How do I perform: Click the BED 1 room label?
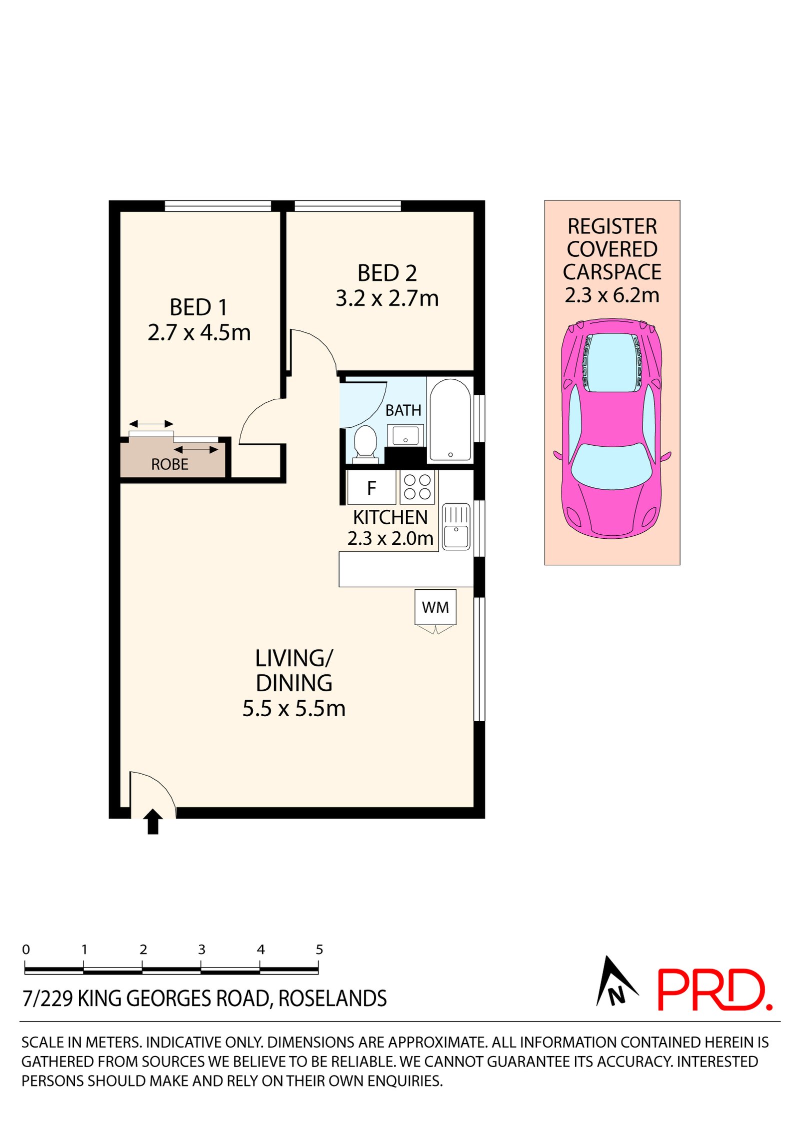(198, 307)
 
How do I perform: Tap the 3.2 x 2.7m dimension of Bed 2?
(386, 298)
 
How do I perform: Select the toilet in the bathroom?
(365, 442)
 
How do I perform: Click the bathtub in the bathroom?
(450, 420)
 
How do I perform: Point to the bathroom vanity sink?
(405, 435)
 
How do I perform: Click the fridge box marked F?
(371, 488)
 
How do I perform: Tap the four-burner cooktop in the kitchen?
(417, 487)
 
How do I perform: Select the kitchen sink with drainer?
(455, 527)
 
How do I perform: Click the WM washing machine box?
(435, 607)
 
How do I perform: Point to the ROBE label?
(169, 464)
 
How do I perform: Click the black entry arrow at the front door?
(153, 822)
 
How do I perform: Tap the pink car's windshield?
(611, 466)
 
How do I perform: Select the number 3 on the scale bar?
(201, 950)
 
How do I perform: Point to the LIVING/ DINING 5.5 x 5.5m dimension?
(294, 709)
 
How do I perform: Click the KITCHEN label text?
(390, 517)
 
